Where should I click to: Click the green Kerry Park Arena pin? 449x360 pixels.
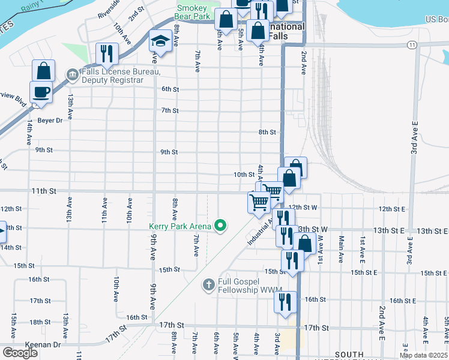click(x=220, y=226)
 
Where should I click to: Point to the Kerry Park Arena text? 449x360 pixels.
click(x=180, y=226)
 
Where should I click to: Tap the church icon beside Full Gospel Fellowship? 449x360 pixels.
click(x=208, y=284)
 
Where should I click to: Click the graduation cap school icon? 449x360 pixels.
click(x=160, y=41)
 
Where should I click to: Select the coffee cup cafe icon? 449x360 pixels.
click(x=41, y=92)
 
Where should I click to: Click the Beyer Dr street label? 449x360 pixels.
click(x=50, y=120)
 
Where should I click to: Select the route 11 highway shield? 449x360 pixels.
click(x=411, y=45)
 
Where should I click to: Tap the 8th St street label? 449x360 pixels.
click(x=267, y=132)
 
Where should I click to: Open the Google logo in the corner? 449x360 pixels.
click(x=20, y=353)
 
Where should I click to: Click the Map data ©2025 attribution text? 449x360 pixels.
click(x=423, y=355)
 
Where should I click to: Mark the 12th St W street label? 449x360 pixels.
click(x=307, y=208)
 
